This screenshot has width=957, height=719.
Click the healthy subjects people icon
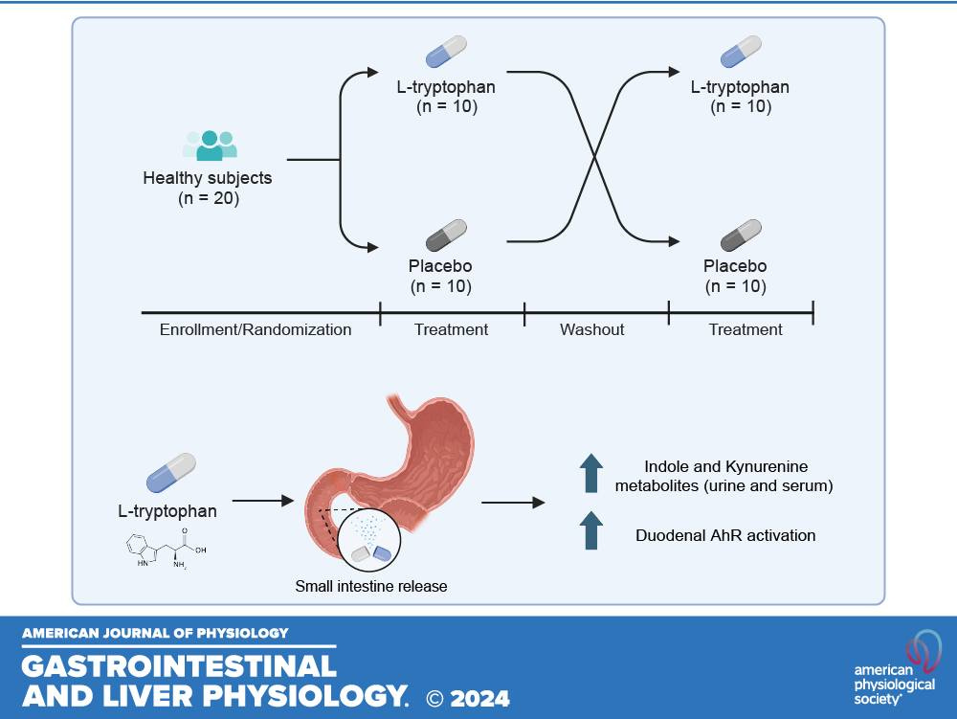tap(209, 146)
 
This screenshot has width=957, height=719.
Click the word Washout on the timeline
tap(592, 329)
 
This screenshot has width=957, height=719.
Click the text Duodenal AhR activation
tap(725, 536)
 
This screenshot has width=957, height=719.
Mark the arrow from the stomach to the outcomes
tap(513, 501)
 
